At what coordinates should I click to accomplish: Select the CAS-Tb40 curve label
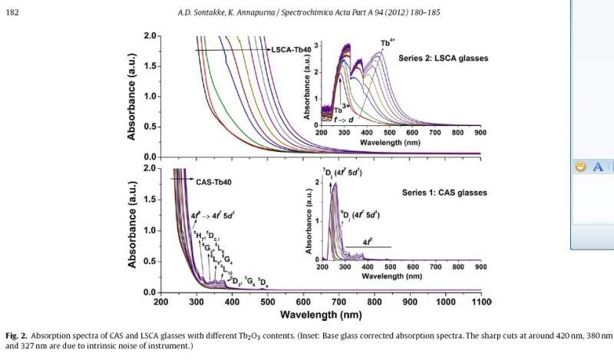(x=213, y=182)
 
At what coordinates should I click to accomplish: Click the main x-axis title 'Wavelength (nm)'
(x=321, y=315)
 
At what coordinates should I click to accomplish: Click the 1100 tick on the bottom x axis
(x=480, y=302)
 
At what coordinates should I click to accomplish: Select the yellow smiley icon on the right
(x=581, y=167)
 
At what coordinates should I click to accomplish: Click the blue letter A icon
(x=598, y=167)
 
